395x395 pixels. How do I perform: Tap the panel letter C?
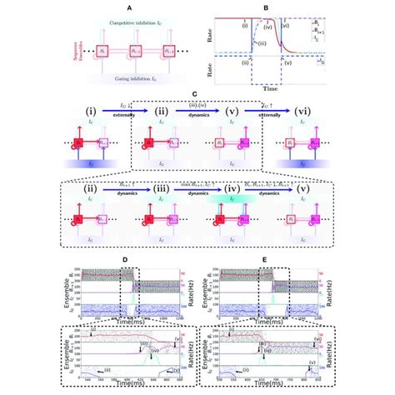pos(197,95)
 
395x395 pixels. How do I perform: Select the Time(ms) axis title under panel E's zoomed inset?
pos(266,392)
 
